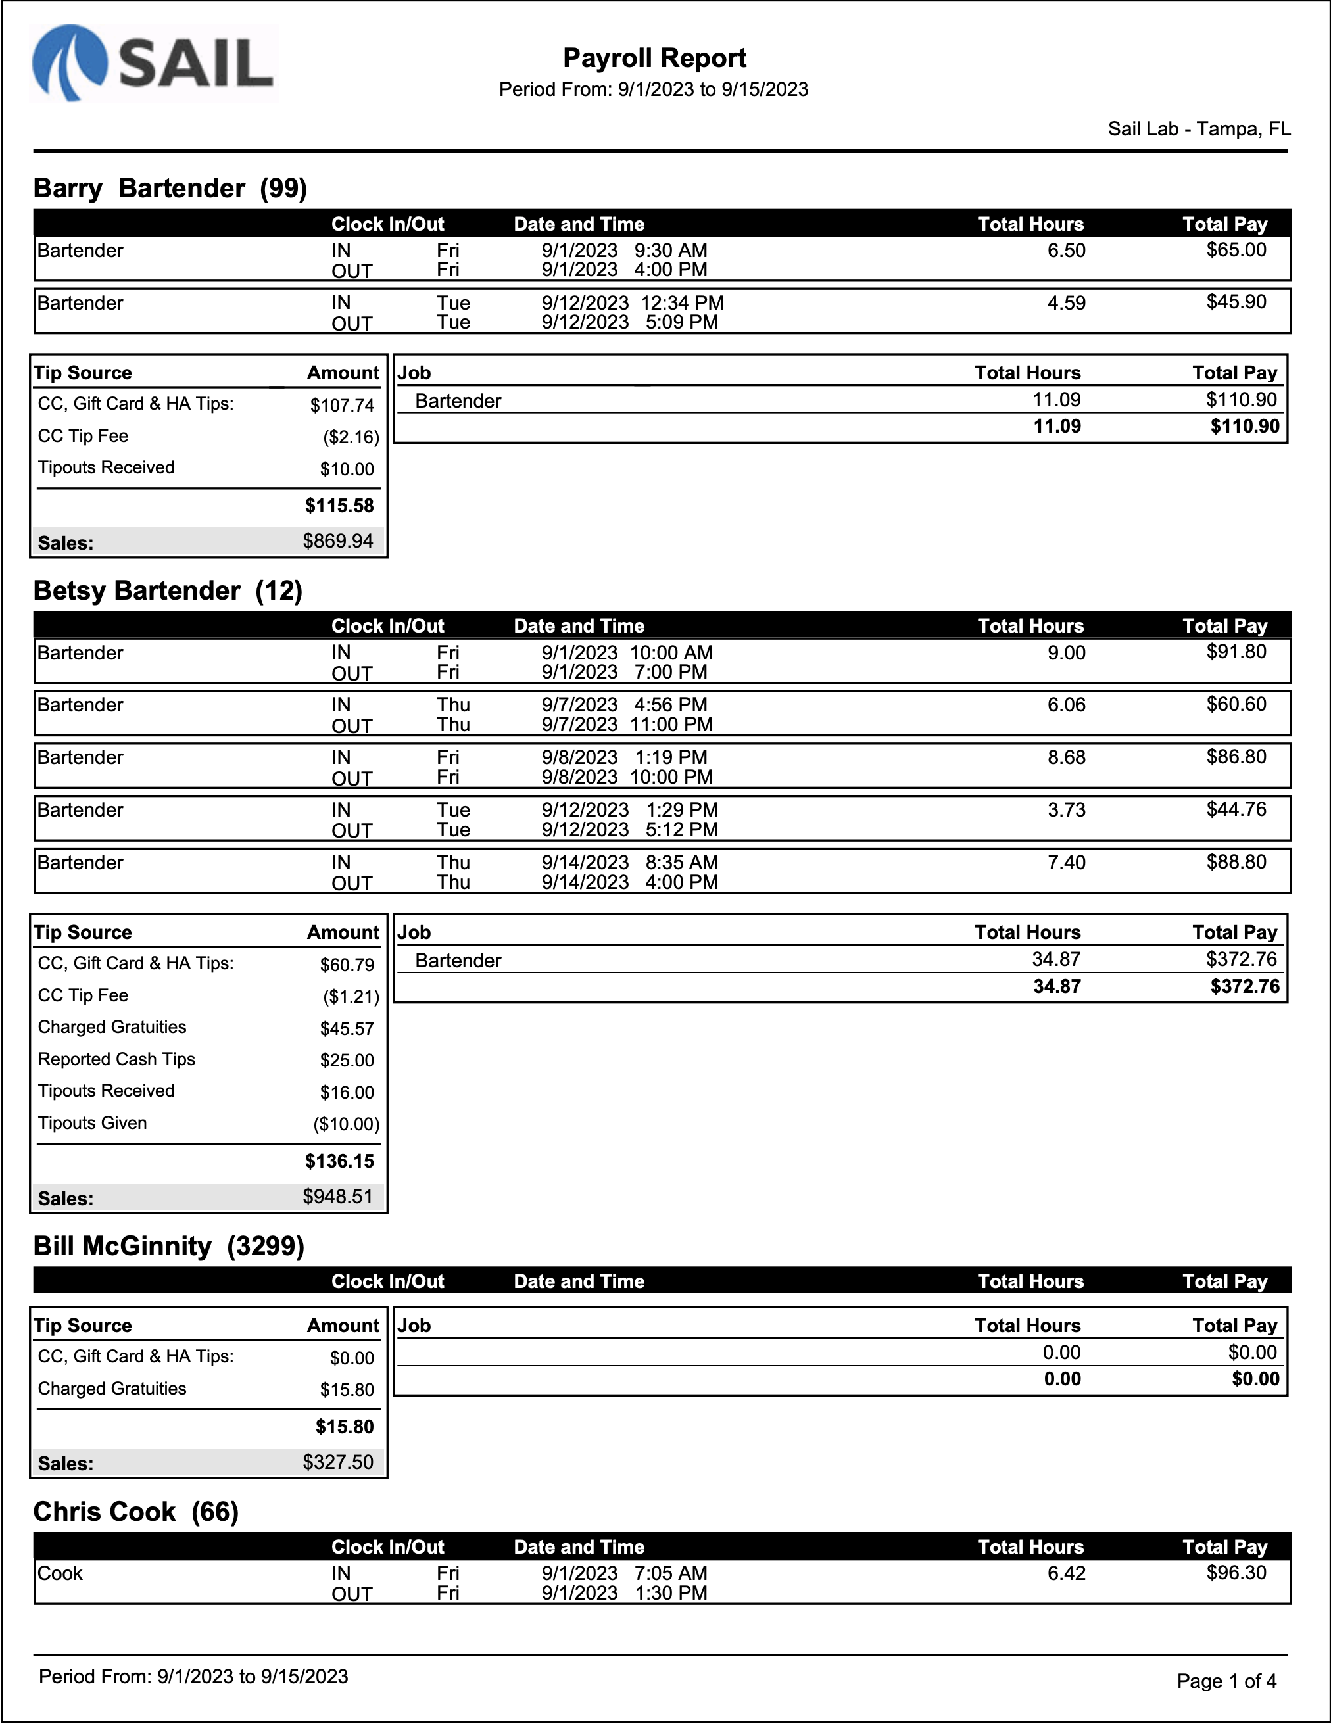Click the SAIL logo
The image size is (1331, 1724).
point(154,63)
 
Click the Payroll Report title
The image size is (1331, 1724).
point(654,58)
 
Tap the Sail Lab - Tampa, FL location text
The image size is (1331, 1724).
point(1198,129)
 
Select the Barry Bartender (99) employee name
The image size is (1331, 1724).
point(170,188)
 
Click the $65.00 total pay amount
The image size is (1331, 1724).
point(1236,251)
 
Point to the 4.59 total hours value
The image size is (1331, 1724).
point(1066,303)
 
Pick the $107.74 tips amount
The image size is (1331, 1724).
point(342,406)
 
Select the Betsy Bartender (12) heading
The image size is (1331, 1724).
point(168,590)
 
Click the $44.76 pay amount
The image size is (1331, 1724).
point(1236,809)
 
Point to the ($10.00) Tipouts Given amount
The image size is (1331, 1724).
point(346,1124)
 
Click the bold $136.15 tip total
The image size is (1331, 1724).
point(339,1161)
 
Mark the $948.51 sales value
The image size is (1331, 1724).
point(338,1197)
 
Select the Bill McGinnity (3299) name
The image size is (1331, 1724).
point(168,1247)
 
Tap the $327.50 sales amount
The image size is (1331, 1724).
point(338,1462)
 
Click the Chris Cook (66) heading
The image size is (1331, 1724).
point(135,1512)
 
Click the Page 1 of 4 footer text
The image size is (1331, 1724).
point(1226,1681)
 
